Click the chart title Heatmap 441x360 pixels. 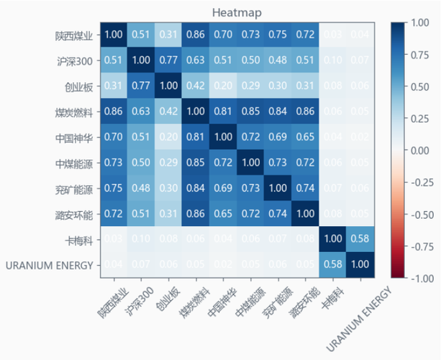click(237, 12)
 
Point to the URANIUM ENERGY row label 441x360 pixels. click(50, 265)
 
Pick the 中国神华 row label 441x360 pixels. click(73, 137)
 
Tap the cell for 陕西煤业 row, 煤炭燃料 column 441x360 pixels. click(194, 35)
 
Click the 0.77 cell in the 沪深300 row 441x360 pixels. click(167, 60)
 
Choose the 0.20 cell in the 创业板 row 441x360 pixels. click(222, 86)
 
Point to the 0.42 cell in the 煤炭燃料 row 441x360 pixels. click(167, 112)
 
